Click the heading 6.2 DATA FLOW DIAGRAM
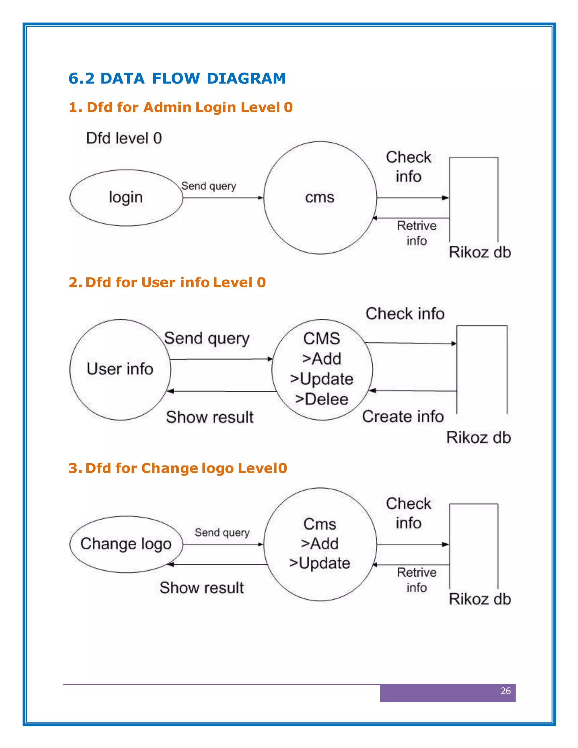point(177,78)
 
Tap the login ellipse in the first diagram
point(126,198)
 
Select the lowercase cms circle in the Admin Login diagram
point(320,198)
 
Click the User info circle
point(120,369)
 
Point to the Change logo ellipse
point(126,544)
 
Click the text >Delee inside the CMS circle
point(321,399)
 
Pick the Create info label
point(403,416)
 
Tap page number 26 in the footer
point(505,691)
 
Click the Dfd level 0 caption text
point(124,138)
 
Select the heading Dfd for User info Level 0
point(167,283)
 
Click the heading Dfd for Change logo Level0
point(178,468)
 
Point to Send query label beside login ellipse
point(209,186)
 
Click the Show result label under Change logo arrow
point(202,588)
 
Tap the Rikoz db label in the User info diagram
point(478,438)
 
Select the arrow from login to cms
point(223,198)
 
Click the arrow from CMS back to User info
point(223,391)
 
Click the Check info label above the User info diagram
point(405,314)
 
